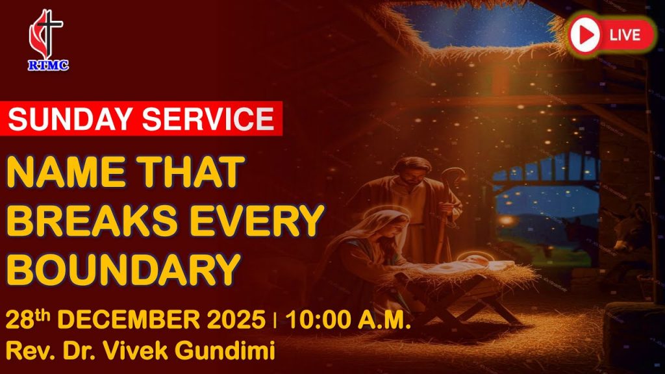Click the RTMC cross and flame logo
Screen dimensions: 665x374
pyautogui.click(x=47, y=40)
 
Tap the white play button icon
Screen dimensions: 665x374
pyautogui.click(x=584, y=35)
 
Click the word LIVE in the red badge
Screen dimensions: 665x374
pyautogui.click(x=625, y=35)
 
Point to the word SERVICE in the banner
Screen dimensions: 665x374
pyautogui.click(x=208, y=119)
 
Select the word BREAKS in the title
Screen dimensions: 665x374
pyautogui.click(x=92, y=221)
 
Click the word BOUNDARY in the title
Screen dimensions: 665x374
pyautogui.click(x=123, y=269)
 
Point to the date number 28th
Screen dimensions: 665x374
pyautogui.click(x=27, y=319)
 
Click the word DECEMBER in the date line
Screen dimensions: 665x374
pyautogui.click(x=129, y=319)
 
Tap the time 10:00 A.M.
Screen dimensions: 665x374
pyautogui.click(x=348, y=319)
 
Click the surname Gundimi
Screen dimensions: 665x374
pyautogui.click(x=225, y=351)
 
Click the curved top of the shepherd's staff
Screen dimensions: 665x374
pyautogui.click(x=453, y=175)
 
